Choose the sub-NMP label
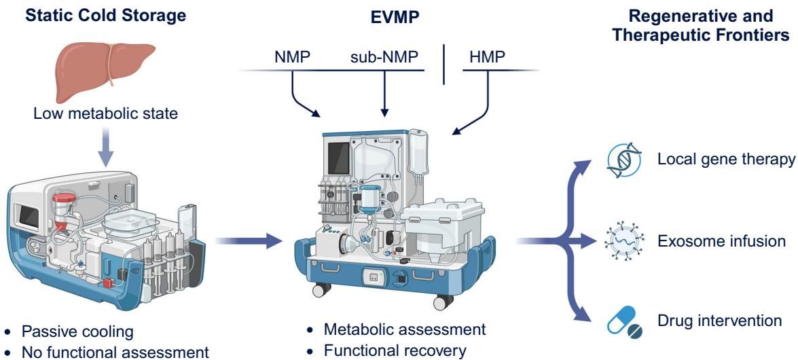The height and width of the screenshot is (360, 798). coord(384,56)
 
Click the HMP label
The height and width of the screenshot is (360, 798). coord(487,56)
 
